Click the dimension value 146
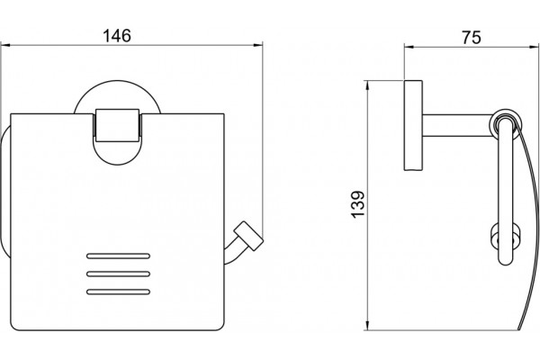click(117, 35)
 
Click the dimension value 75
click(472, 37)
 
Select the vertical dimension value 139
click(358, 204)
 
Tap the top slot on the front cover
click(118, 256)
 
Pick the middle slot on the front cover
click(118, 274)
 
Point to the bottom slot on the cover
click(118, 292)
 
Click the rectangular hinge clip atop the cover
click(117, 125)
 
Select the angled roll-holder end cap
click(248, 236)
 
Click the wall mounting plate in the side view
click(413, 125)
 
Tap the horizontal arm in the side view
click(457, 125)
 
